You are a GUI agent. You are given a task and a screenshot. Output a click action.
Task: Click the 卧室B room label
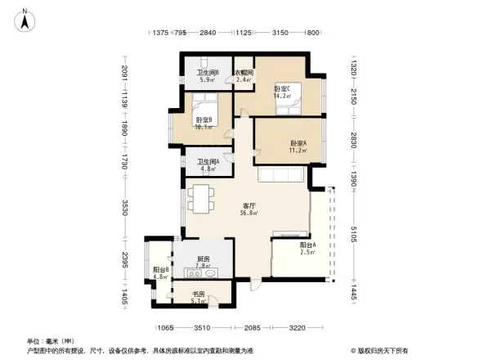click(x=204, y=119)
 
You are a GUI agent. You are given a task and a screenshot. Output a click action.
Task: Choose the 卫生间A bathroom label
click(x=208, y=161)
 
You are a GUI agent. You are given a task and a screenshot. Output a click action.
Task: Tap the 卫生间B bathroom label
click(x=207, y=73)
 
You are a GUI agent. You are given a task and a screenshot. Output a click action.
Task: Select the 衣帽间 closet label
click(x=244, y=73)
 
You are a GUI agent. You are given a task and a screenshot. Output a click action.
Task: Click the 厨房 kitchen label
click(x=204, y=259)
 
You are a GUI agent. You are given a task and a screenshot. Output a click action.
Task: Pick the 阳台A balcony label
click(x=307, y=245)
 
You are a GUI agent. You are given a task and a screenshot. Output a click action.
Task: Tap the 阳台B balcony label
click(x=160, y=270)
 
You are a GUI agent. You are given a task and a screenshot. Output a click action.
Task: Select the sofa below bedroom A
click(x=281, y=175)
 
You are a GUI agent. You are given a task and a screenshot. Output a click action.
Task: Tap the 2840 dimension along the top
click(x=207, y=33)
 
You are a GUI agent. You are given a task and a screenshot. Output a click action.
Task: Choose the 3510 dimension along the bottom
click(x=202, y=327)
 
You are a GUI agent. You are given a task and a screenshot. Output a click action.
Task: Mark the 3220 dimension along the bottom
click(x=296, y=327)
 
